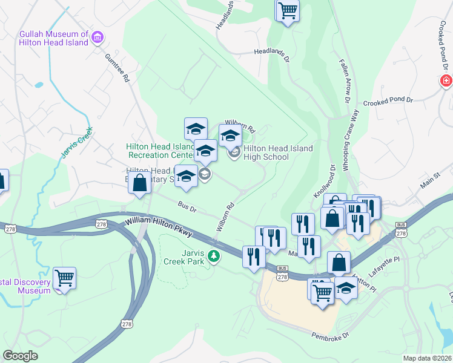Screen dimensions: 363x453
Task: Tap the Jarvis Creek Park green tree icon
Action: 213,257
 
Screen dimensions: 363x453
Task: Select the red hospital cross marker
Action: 446,81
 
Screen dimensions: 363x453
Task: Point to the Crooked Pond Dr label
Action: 388,101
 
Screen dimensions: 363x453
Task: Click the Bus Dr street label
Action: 187,206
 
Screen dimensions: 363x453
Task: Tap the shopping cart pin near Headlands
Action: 288,10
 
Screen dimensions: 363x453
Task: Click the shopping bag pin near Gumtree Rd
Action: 140,183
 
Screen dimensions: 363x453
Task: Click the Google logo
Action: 21,356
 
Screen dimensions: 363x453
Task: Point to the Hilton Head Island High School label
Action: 278,152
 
